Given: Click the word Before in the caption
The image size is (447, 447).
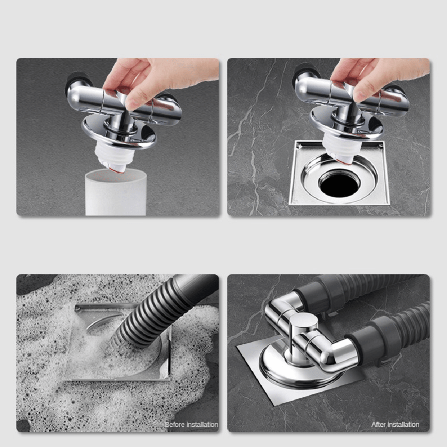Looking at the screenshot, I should [175, 425].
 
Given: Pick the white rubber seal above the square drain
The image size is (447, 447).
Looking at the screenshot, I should [338, 145].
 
